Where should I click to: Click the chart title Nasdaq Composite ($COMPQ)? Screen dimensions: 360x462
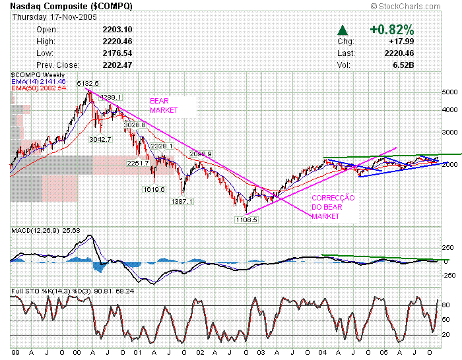[71, 6]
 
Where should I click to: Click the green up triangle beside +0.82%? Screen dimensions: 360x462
[342, 30]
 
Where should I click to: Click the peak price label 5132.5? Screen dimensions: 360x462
[88, 84]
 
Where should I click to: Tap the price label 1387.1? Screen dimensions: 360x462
[181, 201]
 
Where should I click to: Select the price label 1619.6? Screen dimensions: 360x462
[153, 189]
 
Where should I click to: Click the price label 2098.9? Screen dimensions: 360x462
[200, 154]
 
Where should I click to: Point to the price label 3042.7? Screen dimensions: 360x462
[100, 139]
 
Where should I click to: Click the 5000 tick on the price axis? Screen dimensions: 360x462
[449, 92]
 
